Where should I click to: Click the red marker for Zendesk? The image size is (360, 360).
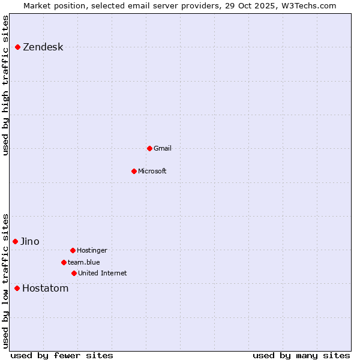point(18,47)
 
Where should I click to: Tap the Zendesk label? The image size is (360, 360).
point(43,47)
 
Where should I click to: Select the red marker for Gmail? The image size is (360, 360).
point(149,148)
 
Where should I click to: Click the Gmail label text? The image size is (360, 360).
point(162,148)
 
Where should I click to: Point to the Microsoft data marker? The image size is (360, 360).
point(134,171)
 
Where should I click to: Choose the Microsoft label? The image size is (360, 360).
point(152,171)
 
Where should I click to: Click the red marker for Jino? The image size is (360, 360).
point(16,241)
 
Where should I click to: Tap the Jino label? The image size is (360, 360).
point(29,241)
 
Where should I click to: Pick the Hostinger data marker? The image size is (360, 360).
point(73,250)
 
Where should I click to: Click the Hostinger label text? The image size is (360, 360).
point(92,250)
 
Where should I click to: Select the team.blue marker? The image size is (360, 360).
point(64,262)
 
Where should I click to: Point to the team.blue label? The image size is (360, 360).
point(83,262)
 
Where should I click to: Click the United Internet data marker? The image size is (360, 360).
point(74,273)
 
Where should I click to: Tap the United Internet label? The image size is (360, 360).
point(102,273)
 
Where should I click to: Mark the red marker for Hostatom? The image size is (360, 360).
point(17,288)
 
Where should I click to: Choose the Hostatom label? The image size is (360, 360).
point(45,288)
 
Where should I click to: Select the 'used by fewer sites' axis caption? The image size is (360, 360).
point(62,355)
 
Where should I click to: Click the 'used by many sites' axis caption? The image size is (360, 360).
point(301,355)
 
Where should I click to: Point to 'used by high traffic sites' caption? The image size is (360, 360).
point(5,85)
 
